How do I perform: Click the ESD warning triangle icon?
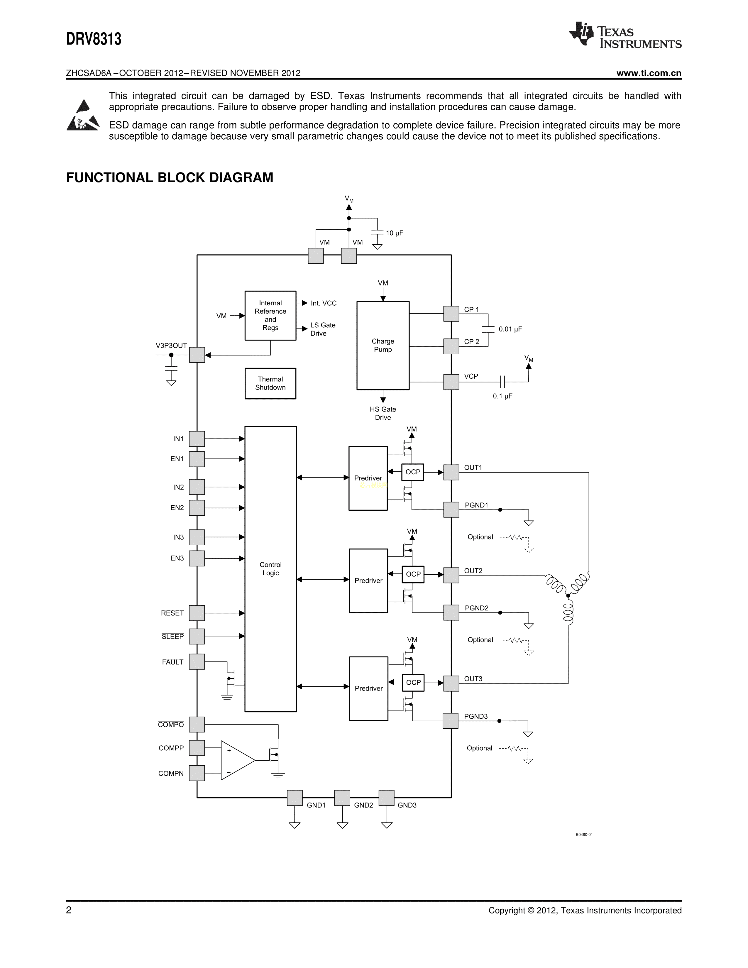point(83,116)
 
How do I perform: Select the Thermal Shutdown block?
point(270,383)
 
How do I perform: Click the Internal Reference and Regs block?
point(270,316)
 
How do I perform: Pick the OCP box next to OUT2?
point(413,574)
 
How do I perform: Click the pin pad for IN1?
point(197,439)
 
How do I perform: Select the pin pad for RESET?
point(197,613)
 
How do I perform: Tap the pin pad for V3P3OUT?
point(197,355)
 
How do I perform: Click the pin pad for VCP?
point(451,382)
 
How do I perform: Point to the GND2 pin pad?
point(342,798)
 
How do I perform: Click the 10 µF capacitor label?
point(394,233)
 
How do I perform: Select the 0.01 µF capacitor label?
point(510,329)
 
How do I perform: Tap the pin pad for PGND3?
point(451,721)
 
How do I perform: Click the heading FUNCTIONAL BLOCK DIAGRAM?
point(170,178)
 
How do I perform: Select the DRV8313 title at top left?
point(94,39)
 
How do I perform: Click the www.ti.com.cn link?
point(649,73)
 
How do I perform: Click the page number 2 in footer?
point(69,911)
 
